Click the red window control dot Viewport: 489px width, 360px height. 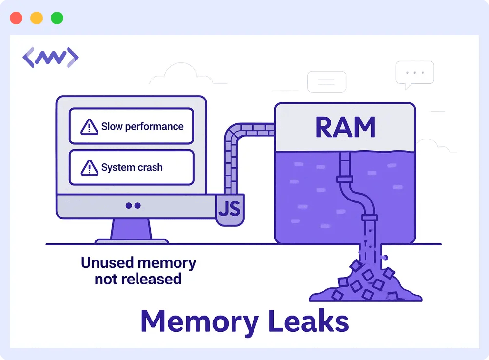click(16, 19)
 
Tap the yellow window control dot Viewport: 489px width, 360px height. click(37, 19)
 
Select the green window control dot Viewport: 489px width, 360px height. click(57, 19)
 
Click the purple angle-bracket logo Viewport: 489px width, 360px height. click(51, 58)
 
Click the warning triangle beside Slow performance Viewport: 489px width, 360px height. click(89, 127)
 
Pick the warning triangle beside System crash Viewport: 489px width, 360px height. click(89, 168)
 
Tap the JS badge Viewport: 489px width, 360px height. click(229, 209)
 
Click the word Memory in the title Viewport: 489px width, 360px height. click(199, 321)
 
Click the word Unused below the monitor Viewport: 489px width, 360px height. click(106, 263)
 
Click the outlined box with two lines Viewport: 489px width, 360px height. click(326, 81)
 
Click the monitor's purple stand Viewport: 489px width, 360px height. click(131, 230)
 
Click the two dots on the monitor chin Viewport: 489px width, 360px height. click(133, 206)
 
